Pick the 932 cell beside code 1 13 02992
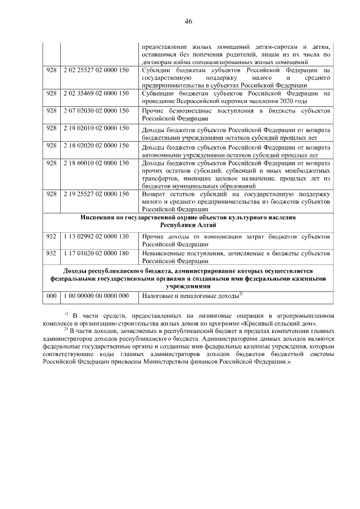tap(52, 237)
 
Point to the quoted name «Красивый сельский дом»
tap(287, 325)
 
